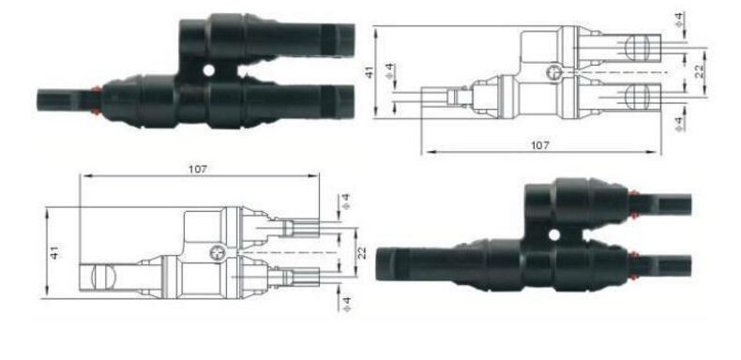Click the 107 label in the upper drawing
(539, 145)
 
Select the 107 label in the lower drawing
(198, 169)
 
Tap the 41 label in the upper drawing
(369, 72)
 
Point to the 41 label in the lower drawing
(55, 252)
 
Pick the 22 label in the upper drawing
(700, 71)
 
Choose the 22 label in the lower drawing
(362, 253)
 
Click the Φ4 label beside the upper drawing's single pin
(389, 71)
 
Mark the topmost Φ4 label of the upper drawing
(680, 21)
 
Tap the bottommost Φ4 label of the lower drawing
(346, 304)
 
